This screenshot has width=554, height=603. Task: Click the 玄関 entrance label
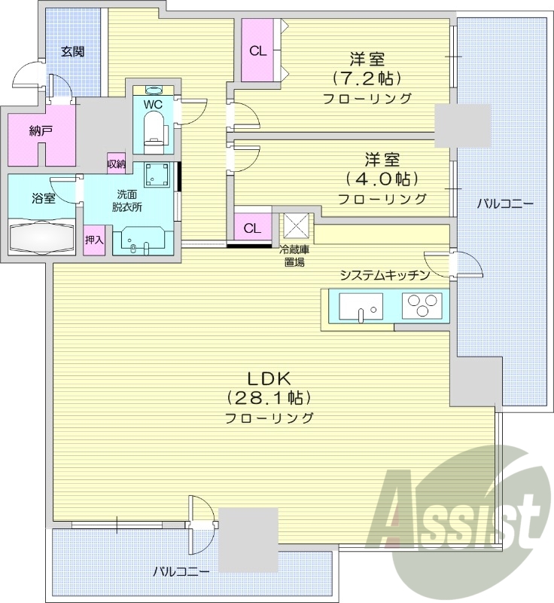pyautogui.click(x=73, y=52)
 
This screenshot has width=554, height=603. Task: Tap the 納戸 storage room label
pyautogui.click(x=41, y=130)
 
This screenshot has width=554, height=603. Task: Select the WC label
pyautogui.click(x=153, y=103)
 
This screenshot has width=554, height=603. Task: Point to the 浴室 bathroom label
pyautogui.click(x=43, y=199)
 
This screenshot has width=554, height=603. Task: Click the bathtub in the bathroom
pyautogui.click(x=42, y=237)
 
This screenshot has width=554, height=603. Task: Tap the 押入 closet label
pyautogui.click(x=94, y=240)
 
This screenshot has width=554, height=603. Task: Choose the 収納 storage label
pyautogui.click(x=116, y=164)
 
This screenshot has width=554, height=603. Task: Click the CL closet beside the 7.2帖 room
pyautogui.click(x=257, y=52)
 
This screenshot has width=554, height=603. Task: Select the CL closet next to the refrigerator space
pyautogui.click(x=252, y=228)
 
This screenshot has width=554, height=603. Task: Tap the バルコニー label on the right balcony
pyautogui.click(x=506, y=204)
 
